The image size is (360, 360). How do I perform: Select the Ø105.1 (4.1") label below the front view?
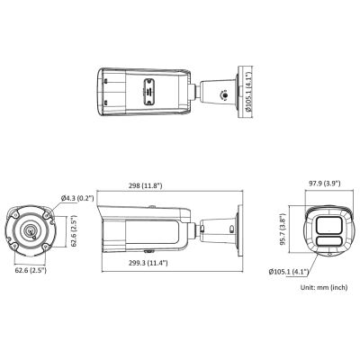289,271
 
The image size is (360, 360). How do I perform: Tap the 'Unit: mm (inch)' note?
322,287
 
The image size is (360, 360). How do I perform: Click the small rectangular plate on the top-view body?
147,93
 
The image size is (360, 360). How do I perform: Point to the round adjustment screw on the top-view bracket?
216,92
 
